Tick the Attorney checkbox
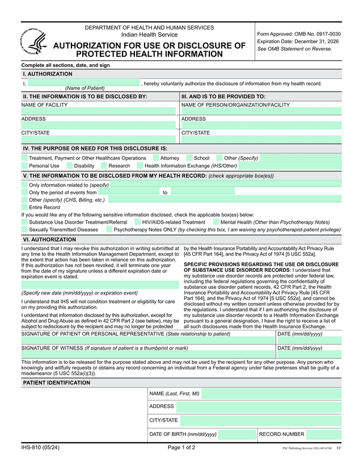(155, 158)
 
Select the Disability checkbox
(69, 166)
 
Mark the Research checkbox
(104, 166)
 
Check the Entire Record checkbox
(24, 207)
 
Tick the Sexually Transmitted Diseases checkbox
(24, 230)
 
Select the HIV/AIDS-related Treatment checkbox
(137, 223)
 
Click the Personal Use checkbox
(24, 166)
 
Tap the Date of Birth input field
(237, 435)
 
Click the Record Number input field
(324, 435)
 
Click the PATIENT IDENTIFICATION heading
(56, 383)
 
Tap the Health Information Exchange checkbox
(140, 166)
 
